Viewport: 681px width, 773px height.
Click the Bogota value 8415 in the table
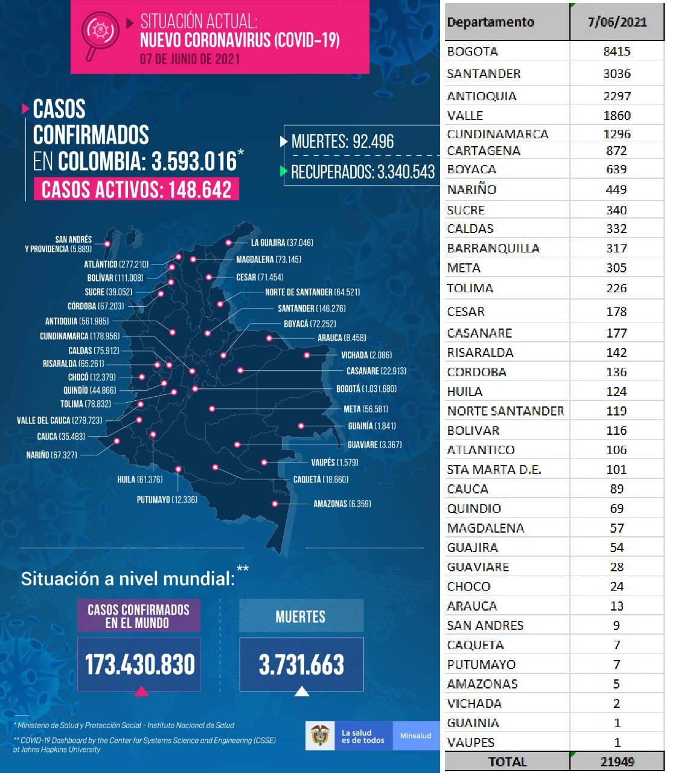[616, 51]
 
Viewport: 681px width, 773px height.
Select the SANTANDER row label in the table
[483, 74]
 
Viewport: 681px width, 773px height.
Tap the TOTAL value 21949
[617, 762]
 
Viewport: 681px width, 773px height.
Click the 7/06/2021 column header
[617, 22]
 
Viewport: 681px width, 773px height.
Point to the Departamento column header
[490, 22]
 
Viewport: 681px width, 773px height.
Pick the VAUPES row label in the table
[470, 742]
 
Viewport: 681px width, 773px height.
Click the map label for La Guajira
[281, 243]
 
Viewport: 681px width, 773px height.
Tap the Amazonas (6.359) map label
[342, 504]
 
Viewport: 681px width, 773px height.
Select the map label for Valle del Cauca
[59, 420]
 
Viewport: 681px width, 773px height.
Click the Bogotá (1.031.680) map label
[366, 389]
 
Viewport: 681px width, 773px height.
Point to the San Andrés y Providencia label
[59, 244]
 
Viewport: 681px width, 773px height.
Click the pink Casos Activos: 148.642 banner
[136, 189]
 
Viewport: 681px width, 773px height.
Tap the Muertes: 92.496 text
[342, 142]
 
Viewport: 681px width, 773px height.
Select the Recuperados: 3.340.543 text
[362, 172]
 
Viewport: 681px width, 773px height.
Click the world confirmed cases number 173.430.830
[139, 664]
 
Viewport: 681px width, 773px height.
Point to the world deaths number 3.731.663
[301, 664]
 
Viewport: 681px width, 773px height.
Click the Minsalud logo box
[416, 736]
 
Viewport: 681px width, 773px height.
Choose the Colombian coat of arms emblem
[319, 736]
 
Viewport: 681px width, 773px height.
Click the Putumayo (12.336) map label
[167, 499]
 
